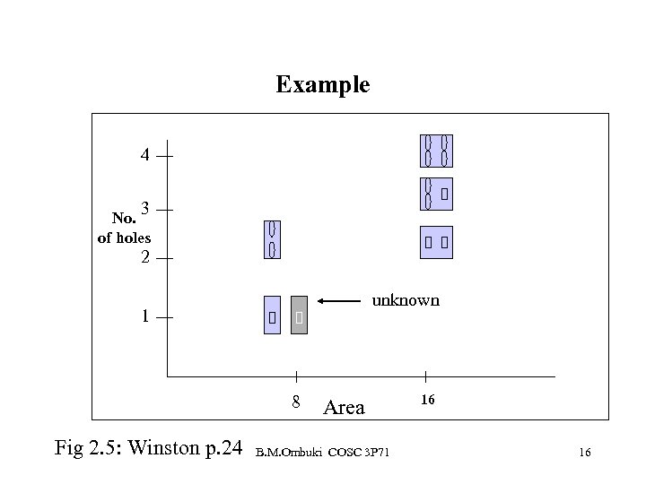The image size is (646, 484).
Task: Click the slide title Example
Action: [x=322, y=85]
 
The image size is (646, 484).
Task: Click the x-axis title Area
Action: [x=344, y=409]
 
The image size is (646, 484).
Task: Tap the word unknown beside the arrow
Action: [x=406, y=300]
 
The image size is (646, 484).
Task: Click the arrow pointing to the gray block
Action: [x=345, y=303]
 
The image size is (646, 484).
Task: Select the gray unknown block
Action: [x=300, y=315]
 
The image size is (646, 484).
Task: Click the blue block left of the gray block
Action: [x=272, y=315]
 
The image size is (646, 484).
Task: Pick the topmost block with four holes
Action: [x=437, y=151]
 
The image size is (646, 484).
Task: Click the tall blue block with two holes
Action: [x=273, y=239]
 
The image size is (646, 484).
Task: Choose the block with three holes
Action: [x=437, y=193]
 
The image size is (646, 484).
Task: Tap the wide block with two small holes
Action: [x=437, y=242]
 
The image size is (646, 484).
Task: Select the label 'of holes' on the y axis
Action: [x=124, y=238]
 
